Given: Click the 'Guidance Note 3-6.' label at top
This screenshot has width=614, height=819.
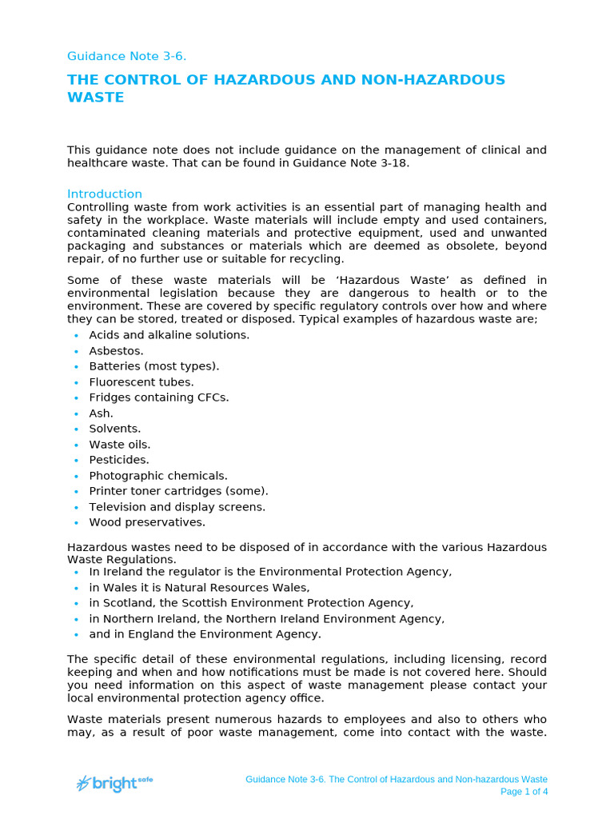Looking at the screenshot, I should tap(126, 56).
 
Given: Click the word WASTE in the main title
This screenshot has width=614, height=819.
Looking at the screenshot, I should tap(95, 98).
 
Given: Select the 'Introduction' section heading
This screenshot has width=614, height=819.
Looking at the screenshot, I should tap(104, 194).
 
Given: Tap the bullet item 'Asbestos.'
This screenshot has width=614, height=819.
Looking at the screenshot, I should tap(116, 350).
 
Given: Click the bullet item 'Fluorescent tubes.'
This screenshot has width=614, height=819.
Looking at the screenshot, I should tap(141, 382).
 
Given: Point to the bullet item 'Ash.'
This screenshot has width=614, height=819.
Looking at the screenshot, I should tap(101, 413).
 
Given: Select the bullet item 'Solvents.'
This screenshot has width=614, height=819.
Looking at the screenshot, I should tap(114, 429).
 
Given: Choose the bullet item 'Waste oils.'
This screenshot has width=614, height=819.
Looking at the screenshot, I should tap(119, 444).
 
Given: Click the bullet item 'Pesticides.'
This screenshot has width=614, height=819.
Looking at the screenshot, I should tap(118, 460).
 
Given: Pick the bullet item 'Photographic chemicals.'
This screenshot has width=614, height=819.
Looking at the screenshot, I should tap(157, 475).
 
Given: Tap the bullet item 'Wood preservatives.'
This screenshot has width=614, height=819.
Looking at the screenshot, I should tap(146, 522).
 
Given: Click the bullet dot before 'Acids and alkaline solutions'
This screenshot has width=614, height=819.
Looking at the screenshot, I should tap(75, 335).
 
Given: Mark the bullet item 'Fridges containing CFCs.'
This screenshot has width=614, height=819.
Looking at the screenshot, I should tap(158, 398).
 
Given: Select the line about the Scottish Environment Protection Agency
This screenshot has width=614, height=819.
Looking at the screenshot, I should tap(251, 603).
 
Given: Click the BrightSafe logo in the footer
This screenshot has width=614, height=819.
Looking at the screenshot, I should tap(114, 783).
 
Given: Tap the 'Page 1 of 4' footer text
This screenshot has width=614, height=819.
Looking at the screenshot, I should tap(524, 792).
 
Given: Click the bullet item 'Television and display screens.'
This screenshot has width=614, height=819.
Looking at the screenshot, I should tap(177, 506).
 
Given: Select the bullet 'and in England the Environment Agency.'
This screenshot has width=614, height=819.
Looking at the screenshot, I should tap(205, 634).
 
